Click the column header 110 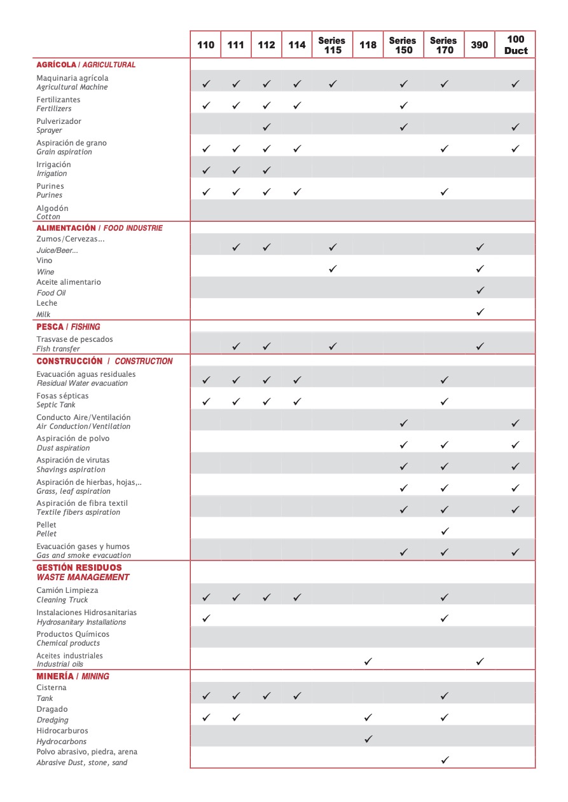tap(205, 45)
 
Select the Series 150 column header tap(403, 45)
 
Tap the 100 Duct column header tap(515, 45)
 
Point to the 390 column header tap(480, 45)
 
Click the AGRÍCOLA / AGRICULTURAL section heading tap(86, 65)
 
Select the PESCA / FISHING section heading tap(68, 327)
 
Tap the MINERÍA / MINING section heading tap(73, 676)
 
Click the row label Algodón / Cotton tap(52, 212)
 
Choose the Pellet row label tap(46, 529)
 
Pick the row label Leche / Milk tap(46, 309)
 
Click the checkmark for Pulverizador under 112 tap(267, 127)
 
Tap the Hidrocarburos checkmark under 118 tap(368, 739)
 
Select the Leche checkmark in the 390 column tap(480, 312)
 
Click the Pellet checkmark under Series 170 tap(445, 531)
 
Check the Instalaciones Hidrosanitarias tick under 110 tap(205, 618)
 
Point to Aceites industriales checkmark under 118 tap(368, 662)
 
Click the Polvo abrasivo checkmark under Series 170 tap(445, 759)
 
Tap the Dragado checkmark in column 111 tap(236, 717)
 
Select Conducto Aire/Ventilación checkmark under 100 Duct tap(515, 423)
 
